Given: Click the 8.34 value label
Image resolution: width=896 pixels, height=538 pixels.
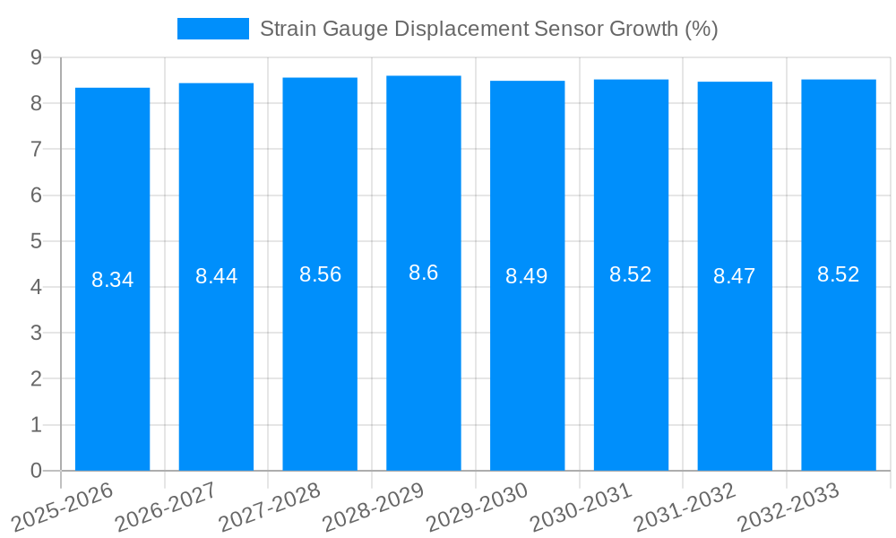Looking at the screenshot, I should pos(112,280).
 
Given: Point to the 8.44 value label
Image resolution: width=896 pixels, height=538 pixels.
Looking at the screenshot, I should pos(216,276).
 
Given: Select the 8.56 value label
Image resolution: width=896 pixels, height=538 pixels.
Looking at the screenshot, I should pos(320,274).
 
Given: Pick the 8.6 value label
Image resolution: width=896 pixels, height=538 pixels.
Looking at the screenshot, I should pos(423,273).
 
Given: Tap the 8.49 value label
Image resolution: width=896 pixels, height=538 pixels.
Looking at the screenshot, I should pos(527,276).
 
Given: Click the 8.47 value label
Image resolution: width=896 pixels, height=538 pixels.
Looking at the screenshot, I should pos(735,276).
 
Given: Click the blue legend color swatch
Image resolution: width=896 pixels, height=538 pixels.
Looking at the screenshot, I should pos(212,29).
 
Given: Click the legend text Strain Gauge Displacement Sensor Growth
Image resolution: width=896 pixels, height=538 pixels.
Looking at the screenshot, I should pos(488,29).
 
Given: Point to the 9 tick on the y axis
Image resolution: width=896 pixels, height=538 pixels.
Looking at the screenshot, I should pos(36,57).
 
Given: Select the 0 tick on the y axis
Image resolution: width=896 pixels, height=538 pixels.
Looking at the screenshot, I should pos(36,471).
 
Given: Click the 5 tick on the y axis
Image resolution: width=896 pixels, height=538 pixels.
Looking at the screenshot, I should pos(36,241).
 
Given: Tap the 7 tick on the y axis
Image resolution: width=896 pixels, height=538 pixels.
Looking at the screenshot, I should pos(36,149).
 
